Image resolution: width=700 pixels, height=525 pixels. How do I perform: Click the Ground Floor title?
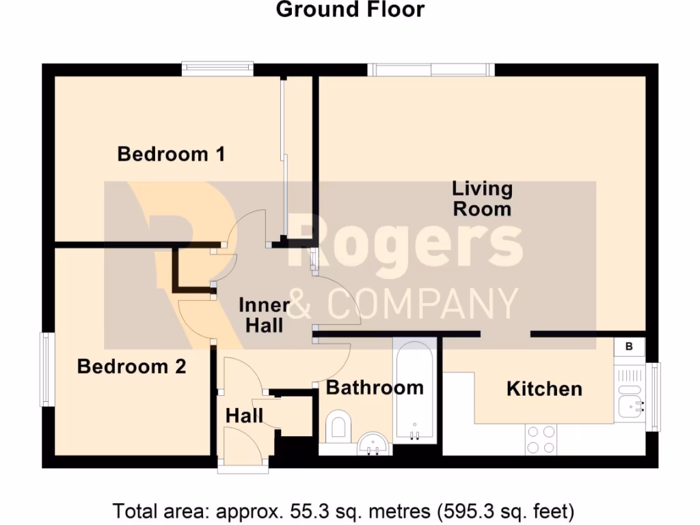click(350, 10)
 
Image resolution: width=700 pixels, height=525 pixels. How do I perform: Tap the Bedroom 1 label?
click(171, 154)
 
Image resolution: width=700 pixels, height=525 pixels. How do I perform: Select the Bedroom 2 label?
click(131, 366)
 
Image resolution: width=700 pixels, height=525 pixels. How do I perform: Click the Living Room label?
click(482, 198)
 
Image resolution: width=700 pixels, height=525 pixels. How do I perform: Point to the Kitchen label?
click(544, 389)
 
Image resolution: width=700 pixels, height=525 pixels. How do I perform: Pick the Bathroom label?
click(375, 388)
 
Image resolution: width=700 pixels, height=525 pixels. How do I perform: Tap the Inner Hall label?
click(265, 315)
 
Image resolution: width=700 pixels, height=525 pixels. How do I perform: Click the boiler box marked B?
click(630, 347)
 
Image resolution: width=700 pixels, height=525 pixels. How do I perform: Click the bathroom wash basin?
click(374, 444)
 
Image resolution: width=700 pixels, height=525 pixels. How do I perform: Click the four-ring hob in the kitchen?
click(541, 440)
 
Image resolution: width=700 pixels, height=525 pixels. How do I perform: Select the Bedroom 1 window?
click(217, 68)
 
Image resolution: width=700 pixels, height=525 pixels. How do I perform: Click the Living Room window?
click(430, 69)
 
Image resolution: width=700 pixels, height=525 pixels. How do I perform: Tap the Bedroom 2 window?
click(46, 369)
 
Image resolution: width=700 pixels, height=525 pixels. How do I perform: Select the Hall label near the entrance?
click(244, 415)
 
